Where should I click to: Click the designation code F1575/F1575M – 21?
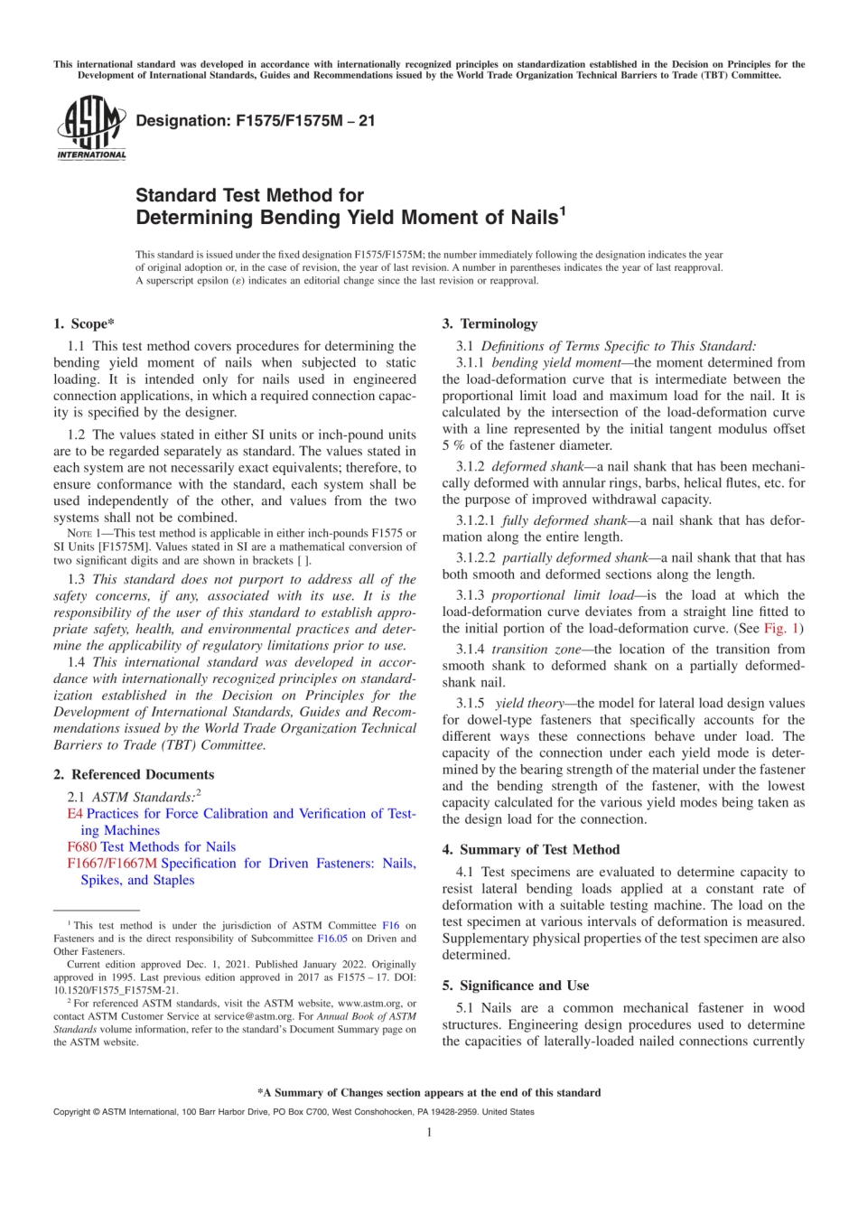(255, 120)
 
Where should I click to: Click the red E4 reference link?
(74, 813)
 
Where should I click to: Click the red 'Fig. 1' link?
(780, 628)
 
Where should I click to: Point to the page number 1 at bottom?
(429, 1132)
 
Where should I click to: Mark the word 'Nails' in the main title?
(533, 218)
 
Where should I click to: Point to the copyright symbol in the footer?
(95, 1112)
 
